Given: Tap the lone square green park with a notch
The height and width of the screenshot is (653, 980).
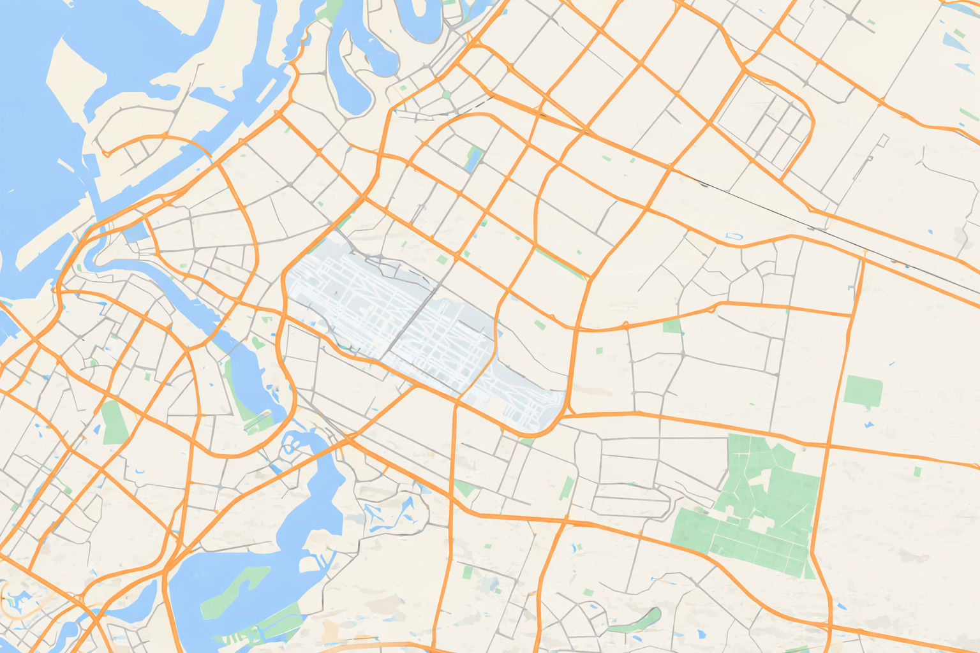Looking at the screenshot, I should [x=863, y=390].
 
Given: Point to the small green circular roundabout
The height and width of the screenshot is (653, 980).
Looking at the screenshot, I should [x=447, y=95].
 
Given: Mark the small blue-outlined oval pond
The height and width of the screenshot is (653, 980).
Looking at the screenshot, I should [x=735, y=237].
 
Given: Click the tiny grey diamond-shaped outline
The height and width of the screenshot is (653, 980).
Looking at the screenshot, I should [x=884, y=138].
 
